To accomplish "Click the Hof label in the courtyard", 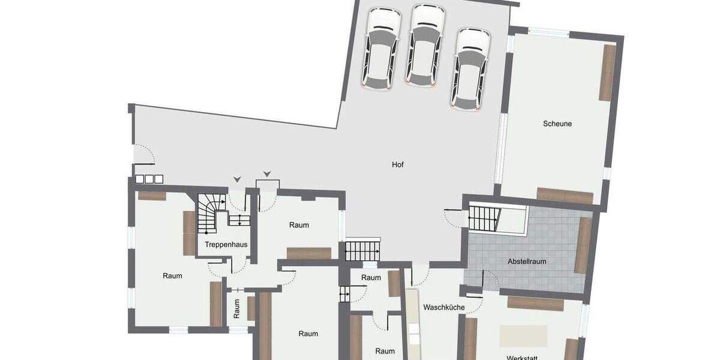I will tap(398, 164).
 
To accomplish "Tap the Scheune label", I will tap(557, 124).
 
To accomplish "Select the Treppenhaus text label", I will tap(226, 245).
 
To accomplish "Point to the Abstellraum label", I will tap(526, 262).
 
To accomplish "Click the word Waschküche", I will tap(444, 307).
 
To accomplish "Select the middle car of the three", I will tap(425, 47).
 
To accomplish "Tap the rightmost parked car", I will tap(472, 70).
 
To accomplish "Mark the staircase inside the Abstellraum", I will tap(484, 218).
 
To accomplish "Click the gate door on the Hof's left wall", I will tap(144, 154).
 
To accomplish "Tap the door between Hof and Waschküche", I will tap(421, 274).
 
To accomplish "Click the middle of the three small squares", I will tap(149, 179).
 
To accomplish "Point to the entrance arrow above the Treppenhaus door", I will tap(238, 179).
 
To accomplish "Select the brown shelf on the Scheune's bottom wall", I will tap(565, 196).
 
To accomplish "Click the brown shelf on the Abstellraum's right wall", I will tap(583, 245).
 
